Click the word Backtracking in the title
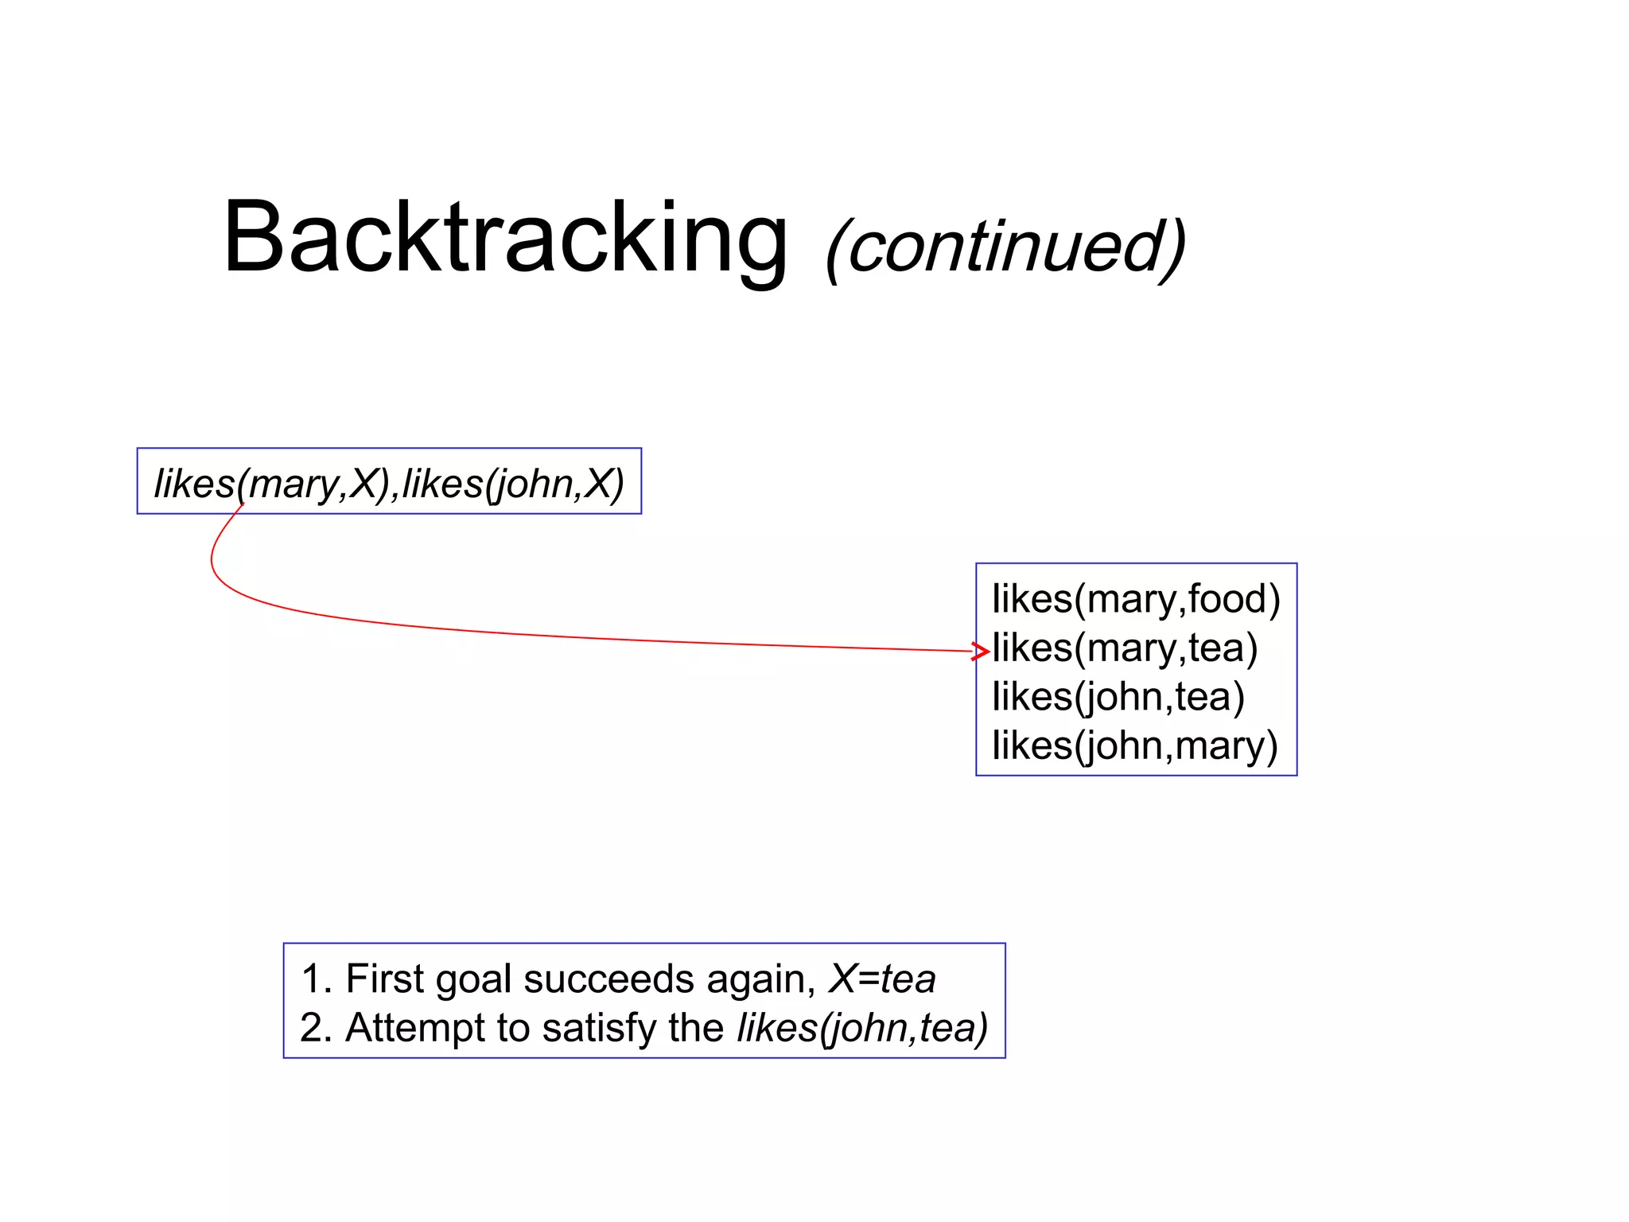pos(506,239)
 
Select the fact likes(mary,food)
pos(1135,599)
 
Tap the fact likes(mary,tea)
pos(1124,648)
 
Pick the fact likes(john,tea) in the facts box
pos(1118,697)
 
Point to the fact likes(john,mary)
pos(1134,746)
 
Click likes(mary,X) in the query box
pos(271,483)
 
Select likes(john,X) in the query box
pos(513,483)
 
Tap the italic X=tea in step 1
pos(882,979)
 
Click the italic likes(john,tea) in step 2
pos(862,1028)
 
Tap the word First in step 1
pos(384,979)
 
